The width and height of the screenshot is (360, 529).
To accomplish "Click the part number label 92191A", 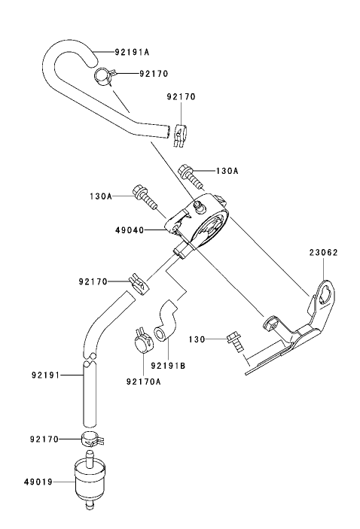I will tap(132, 53).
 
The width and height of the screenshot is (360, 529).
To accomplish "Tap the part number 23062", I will tap(322, 253).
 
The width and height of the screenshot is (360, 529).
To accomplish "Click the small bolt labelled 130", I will tap(235, 342).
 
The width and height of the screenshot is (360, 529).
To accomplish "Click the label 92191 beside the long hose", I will tap(46, 373).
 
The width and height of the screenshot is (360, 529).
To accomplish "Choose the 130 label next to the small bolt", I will tap(197, 339).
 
